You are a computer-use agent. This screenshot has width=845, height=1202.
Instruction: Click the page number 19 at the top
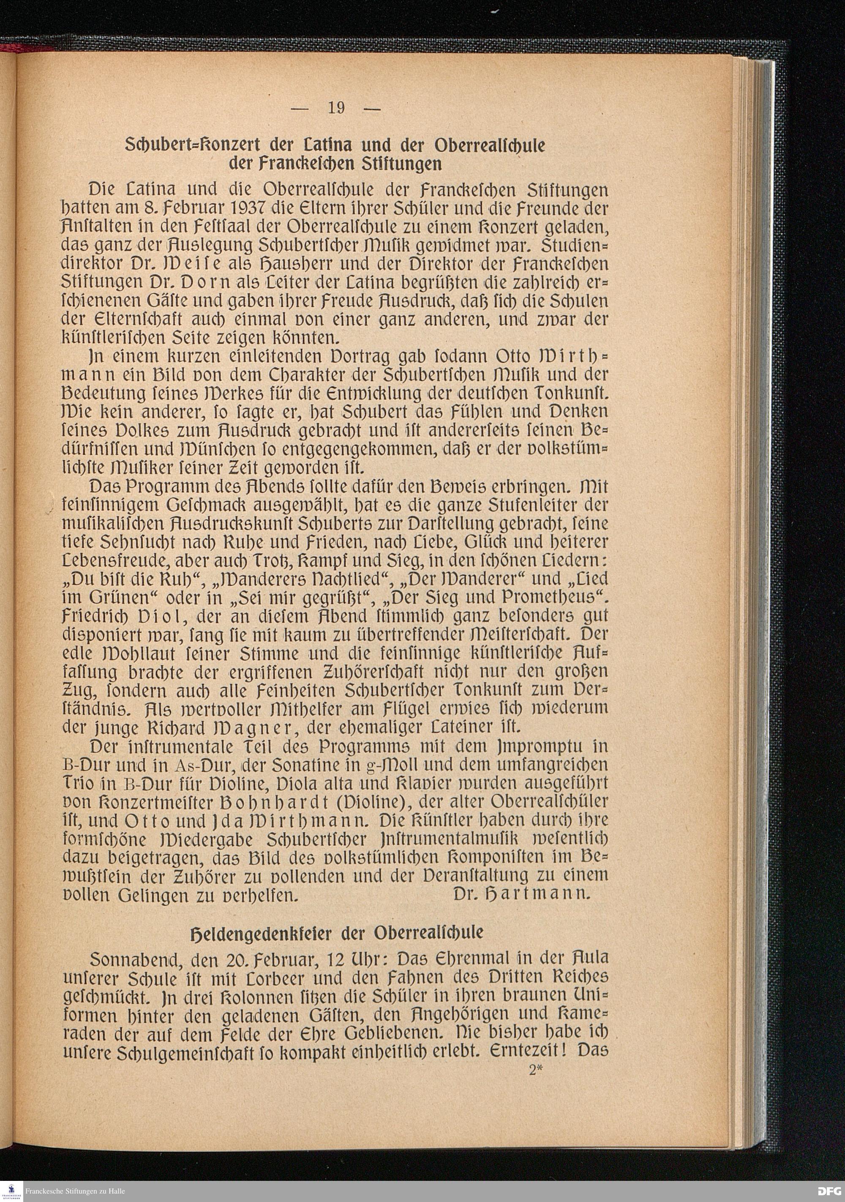[x=336, y=108]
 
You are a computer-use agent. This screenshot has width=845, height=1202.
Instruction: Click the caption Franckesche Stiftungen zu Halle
[x=75, y=1191]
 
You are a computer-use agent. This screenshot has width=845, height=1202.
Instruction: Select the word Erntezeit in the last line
[x=529, y=1051]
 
